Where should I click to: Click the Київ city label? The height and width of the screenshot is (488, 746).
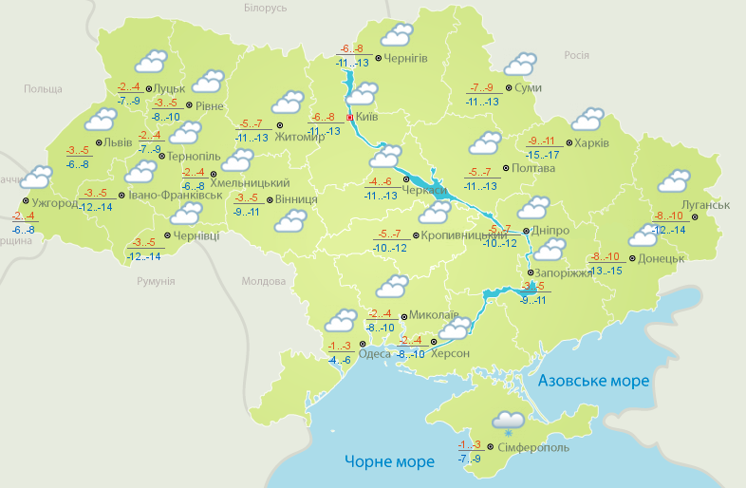click(366, 118)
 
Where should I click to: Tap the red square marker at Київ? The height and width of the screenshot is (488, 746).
click(349, 118)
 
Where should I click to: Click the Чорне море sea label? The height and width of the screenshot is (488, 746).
click(389, 461)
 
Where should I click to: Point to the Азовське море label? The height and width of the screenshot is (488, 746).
click(593, 381)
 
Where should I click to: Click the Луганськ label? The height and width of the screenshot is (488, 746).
click(704, 205)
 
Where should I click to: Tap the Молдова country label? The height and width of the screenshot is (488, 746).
click(263, 282)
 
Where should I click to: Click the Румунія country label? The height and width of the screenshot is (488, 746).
click(156, 282)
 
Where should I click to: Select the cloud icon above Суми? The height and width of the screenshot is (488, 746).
click(520, 65)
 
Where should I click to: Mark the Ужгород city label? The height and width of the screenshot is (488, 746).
click(54, 203)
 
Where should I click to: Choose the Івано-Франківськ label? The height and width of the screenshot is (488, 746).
click(176, 196)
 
